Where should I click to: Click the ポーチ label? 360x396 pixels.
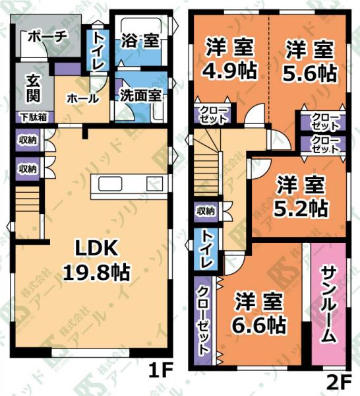tap(47, 37)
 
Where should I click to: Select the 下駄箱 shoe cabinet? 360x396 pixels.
tap(34, 117)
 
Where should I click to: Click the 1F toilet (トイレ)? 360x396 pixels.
tap(98, 50)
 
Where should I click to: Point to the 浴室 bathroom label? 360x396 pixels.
tap(140, 40)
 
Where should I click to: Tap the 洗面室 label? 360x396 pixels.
tap(140, 96)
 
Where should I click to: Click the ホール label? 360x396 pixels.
tap(82, 98)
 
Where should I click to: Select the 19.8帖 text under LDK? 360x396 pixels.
tap(97, 272)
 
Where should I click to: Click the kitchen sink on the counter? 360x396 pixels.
tap(110, 183)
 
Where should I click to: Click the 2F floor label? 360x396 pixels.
tap(339, 383)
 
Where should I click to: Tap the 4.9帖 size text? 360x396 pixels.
tap(229, 71)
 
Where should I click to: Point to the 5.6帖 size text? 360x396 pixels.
tap(310, 73)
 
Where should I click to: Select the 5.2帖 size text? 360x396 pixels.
tap(301, 209)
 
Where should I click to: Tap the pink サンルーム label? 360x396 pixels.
tap(329, 305)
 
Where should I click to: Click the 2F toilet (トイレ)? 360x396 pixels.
tap(206, 249)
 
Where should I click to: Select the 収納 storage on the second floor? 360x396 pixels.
tap(206, 211)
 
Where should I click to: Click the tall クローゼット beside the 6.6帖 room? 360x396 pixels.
tap(204, 320)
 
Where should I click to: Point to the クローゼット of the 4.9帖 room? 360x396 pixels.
tap(212, 115)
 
